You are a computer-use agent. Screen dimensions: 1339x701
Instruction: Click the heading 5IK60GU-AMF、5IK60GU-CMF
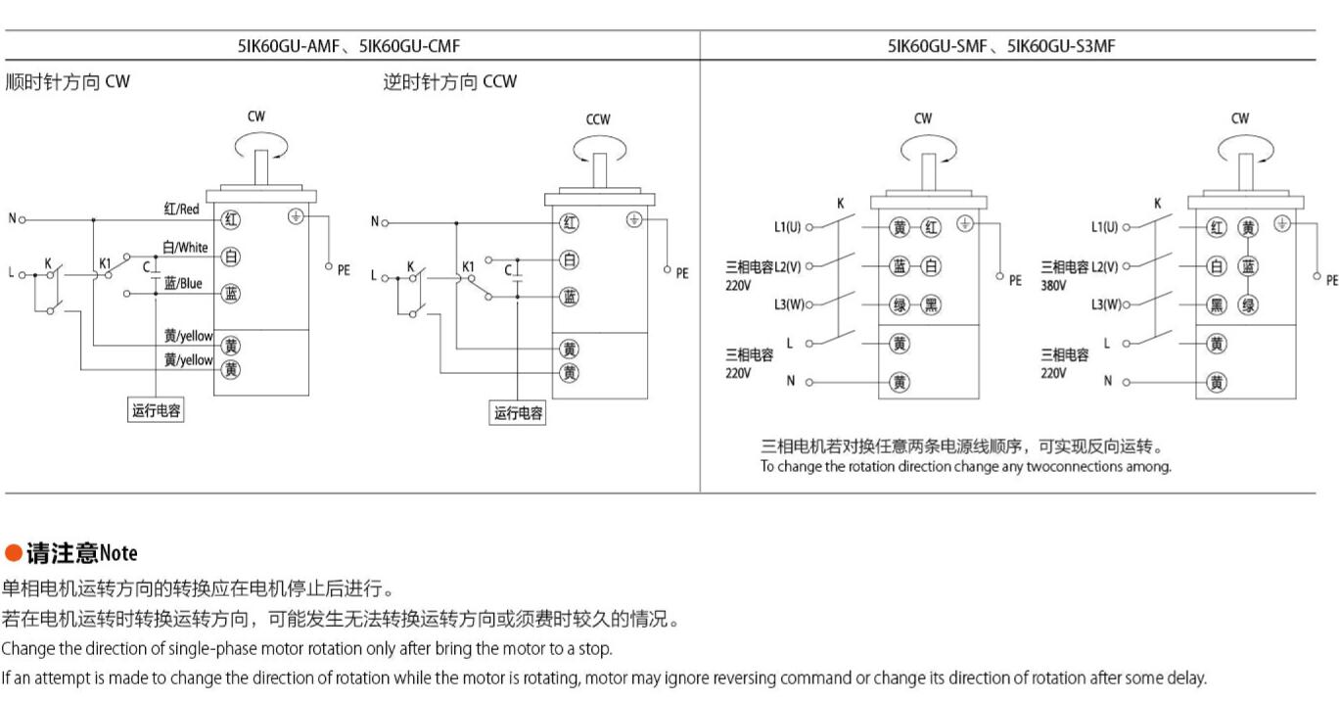[349, 46]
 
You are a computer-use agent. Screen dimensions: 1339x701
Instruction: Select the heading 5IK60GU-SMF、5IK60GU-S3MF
[1001, 46]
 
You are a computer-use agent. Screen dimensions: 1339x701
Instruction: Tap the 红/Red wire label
[182, 209]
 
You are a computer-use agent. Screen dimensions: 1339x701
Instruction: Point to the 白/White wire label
[185, 247]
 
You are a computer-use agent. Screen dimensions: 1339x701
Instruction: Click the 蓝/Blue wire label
[183, 283]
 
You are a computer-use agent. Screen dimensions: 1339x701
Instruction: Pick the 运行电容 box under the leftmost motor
[156, 410]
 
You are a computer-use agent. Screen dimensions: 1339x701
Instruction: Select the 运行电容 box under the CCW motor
[518, 413]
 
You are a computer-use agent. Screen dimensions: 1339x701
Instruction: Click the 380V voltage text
[1053, 285]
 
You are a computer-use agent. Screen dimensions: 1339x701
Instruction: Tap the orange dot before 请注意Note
[13, 552]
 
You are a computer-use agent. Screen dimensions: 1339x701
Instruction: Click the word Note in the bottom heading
[118, 552]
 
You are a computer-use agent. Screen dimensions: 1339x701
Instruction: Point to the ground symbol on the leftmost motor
[296, 216]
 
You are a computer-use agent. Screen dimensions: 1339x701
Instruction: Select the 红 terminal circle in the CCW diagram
[569, 223]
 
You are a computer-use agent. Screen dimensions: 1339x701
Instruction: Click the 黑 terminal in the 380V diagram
[1217, 305]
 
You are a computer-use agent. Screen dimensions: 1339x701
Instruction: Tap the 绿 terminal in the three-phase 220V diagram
[900, 305]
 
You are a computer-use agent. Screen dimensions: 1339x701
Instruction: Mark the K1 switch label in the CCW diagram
[468, 266]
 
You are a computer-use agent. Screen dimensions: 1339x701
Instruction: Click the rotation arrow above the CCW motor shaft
[600, 150]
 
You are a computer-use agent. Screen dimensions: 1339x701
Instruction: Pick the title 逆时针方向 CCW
[449, 81]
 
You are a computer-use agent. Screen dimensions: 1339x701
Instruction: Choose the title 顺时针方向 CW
[68, 81]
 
